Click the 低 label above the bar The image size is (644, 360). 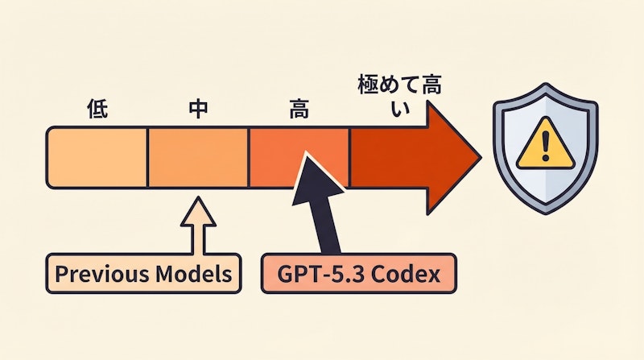coord(97,111)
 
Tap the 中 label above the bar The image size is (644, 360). coord(197,111)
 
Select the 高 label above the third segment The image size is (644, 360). coord(299,111)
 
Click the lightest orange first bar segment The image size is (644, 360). coord(97,157)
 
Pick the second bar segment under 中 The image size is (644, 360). coord(197,157)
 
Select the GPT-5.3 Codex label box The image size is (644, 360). coord(359,274)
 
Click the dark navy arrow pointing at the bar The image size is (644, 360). coord(322,201)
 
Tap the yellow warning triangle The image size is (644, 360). coord(545,149)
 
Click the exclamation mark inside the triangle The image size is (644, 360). coord(545,148)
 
